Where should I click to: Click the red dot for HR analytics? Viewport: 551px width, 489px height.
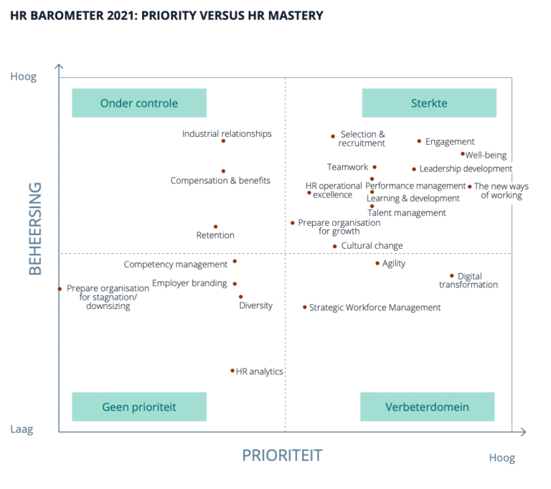point(232,371)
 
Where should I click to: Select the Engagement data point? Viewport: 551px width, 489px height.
point(419,141)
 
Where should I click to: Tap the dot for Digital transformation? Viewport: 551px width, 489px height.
point(452,276)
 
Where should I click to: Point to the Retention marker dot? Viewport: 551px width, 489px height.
point(216,227)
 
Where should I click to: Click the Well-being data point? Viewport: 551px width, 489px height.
point(463,154)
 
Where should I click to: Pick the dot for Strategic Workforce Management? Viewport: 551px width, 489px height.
point(305,308)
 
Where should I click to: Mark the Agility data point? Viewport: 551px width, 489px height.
point(377,263)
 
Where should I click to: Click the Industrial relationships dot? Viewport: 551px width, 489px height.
point(224,141)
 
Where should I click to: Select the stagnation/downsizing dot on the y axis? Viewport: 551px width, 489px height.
point(60,289)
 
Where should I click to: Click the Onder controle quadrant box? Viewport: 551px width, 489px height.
point(139,103)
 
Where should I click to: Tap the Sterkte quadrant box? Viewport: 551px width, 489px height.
point(429,103)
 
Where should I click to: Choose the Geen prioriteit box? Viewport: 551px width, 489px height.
point(139,407)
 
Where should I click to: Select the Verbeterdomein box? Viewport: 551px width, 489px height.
point(428,407)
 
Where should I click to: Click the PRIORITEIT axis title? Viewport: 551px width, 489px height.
point(282,455)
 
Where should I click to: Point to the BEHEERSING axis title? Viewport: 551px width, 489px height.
point(35,229)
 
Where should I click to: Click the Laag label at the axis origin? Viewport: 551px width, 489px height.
point(22,429)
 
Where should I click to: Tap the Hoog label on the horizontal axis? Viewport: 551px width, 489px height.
point(502,458)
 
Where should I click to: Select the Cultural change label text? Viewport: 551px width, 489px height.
point(372,245)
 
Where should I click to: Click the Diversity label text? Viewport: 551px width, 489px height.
point(256,305)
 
